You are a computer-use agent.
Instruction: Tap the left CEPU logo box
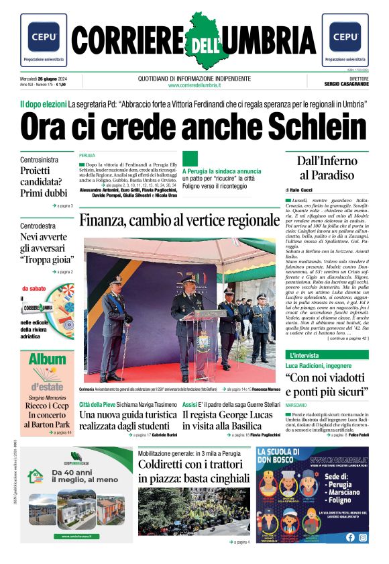43,41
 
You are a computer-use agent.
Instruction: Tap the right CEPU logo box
345,41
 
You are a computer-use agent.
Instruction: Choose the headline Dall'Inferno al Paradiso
325,168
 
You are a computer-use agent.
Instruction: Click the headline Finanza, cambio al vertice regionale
179,220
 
